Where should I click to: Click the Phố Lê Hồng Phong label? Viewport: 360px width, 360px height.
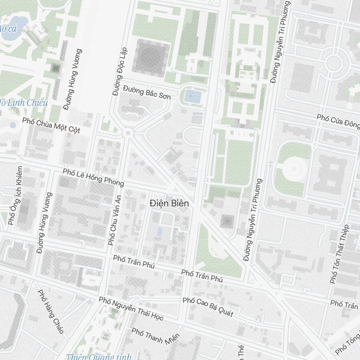pos(93,177)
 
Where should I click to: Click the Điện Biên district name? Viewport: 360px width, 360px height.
pos(169,203)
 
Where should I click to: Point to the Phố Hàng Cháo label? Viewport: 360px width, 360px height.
pos(51,311)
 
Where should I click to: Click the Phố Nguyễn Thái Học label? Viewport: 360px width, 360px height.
pos(131,309)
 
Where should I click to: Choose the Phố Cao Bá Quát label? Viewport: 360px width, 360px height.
pos(208,307)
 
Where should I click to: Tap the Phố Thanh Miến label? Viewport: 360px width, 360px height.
pos(155,336)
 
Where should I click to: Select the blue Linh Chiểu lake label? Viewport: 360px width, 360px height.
pos(23,103)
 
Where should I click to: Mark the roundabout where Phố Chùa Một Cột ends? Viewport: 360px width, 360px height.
pos(127,133)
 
